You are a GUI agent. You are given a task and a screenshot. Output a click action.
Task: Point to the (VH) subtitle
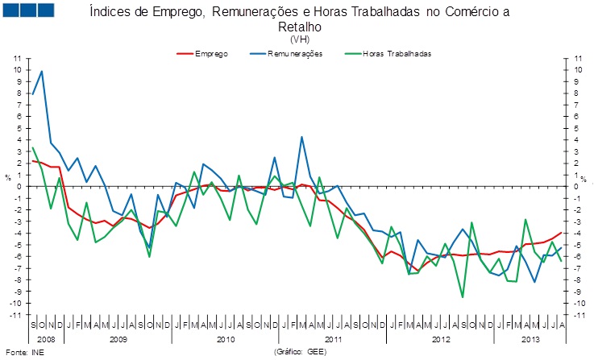pos(299,38)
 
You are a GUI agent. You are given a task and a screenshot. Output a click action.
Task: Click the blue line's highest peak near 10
pos(42,72)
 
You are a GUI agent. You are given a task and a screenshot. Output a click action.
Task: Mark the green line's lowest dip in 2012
pos(463,297)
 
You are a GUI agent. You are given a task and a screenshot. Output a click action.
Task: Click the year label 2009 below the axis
pos(118,340)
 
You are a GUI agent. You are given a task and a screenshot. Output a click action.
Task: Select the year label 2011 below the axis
pos(333,340)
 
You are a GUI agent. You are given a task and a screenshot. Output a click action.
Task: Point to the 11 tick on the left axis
pos(16,59)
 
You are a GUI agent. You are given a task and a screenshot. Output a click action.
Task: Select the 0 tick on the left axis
pos(19,187)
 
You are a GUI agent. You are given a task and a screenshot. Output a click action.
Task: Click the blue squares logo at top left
pos(29,10)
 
